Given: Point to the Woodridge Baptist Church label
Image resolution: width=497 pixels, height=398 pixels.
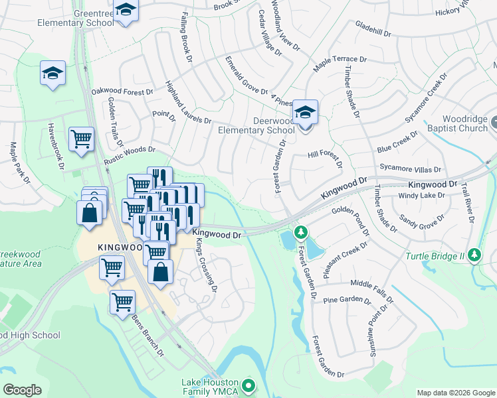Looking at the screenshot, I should pyautogui.click(x=463, y=123).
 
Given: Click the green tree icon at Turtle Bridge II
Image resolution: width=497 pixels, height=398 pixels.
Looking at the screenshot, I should pyautogui.click(x=474, y=255).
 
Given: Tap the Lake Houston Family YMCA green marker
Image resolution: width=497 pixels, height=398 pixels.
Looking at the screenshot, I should pyautogui.click(x=248, y=384).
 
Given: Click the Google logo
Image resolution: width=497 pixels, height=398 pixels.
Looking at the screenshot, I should pyautogui.click(x=23, y=390).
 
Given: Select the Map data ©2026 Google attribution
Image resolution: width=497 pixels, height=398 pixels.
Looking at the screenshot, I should pyautogui.click(x=455, y=393).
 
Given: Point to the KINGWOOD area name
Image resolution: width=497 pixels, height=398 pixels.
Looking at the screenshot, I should pyautogui.click(x=120, y=247).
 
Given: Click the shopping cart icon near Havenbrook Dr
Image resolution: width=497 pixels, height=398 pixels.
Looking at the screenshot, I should pyautogui.click(x=81, y=139).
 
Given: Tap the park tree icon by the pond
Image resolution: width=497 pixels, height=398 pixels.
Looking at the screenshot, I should pyautogui.click(x=301, y=232).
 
